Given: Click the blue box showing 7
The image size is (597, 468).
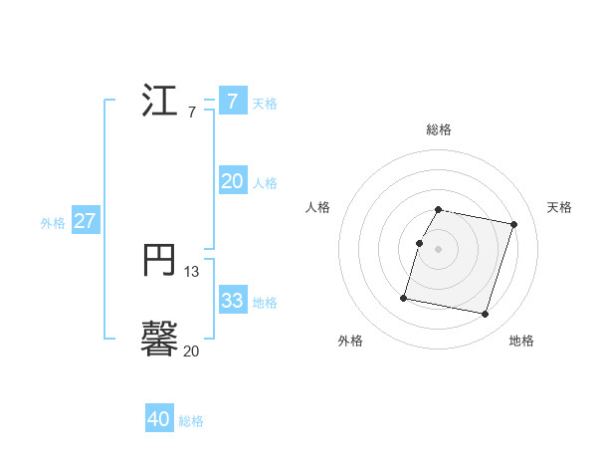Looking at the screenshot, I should [232, 102].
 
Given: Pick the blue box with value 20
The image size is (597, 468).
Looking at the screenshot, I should [232, 181].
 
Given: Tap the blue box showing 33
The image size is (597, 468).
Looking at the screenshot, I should [232, 301].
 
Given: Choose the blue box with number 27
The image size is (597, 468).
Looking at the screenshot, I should [85, 221].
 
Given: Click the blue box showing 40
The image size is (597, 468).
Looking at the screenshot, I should [159, 419].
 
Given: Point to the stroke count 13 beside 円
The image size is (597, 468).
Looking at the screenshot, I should [192, 271].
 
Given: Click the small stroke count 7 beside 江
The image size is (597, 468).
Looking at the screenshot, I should [191, 113].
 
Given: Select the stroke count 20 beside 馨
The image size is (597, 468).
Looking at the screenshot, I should [191, 351].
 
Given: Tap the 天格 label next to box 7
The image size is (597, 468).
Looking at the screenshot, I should [265, 104].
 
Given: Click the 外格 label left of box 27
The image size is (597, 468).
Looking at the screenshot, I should [53, 223].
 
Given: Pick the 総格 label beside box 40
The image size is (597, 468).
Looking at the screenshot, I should [191, 421].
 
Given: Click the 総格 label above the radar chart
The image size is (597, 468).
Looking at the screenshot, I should [439, 129].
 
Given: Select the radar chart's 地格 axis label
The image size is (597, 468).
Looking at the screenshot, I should [521, 341].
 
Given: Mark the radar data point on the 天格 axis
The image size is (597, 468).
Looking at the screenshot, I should [513, 225].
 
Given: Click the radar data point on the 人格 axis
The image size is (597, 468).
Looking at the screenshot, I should [420, 243].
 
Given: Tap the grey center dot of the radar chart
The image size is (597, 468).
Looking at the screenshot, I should [439, 249].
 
